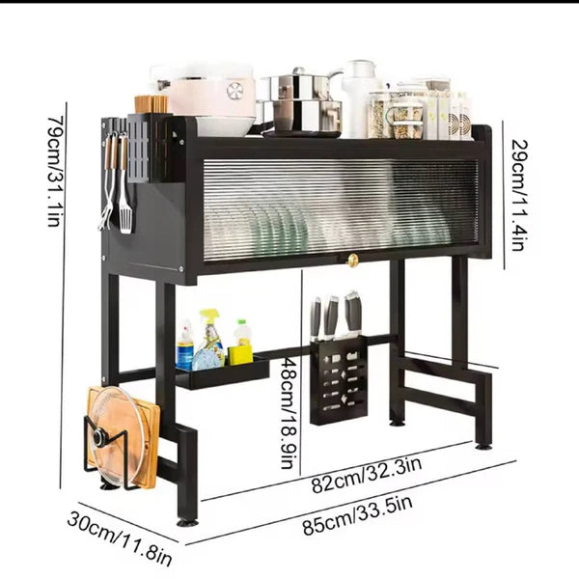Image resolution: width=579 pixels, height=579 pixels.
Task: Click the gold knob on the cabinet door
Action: [x=353, y=261]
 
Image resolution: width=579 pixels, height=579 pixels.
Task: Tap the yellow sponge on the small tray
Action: [x=240, y=353]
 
